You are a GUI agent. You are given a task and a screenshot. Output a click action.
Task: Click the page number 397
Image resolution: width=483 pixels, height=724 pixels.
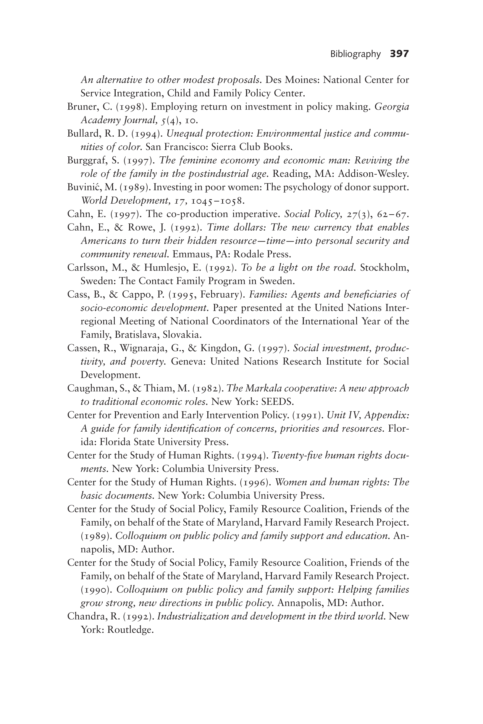click(x=399, y=54)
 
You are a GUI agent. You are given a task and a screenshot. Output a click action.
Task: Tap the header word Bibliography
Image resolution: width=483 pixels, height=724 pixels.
click(x=355, y=54)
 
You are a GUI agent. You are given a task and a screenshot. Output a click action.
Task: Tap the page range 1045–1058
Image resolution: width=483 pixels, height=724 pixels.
click(x=217, y=201)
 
